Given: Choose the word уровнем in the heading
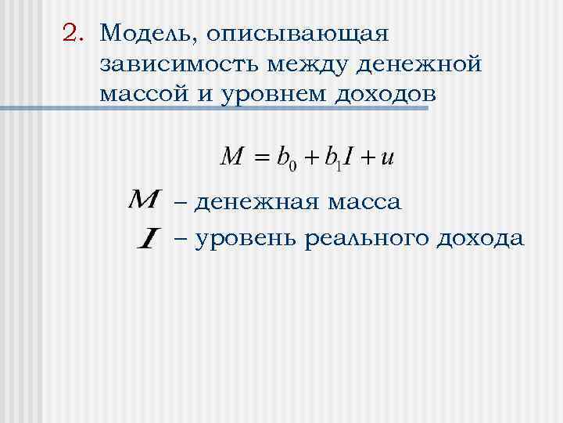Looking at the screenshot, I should click(262, 96).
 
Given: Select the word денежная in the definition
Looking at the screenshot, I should click(257, 203).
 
